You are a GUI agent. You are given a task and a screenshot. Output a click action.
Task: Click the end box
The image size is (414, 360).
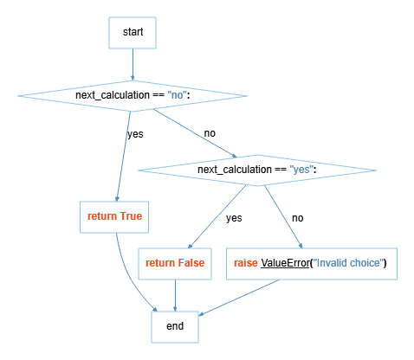[x=176, y=328]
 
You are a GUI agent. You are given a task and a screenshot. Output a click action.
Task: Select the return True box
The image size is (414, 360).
[x=114, y=215]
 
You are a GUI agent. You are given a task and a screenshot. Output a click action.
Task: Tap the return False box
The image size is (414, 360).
[x=176, y=263]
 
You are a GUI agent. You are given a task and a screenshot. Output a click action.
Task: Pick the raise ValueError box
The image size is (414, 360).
[x=312, y=263]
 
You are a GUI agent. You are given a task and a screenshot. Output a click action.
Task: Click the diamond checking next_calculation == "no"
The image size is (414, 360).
[x=133, y=94]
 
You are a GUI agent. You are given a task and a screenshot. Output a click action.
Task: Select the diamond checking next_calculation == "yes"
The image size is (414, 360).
[x=257, y=169]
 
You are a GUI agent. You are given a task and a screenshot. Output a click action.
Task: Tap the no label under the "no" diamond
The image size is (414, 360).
[x=210, y=133]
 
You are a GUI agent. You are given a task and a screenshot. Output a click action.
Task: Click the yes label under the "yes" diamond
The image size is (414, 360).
[x=234, y=217]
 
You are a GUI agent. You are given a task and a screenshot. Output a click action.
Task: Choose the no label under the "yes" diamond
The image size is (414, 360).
[x=297, y=217]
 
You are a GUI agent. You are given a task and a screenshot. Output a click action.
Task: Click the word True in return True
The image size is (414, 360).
[x=131, y=215]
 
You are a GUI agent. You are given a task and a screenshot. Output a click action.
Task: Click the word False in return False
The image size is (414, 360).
[x=191, y=263]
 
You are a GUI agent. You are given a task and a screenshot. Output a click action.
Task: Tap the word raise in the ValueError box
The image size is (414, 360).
[x=246, y=263]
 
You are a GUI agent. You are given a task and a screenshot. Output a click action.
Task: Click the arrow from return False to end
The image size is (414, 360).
[x=176, y=295]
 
